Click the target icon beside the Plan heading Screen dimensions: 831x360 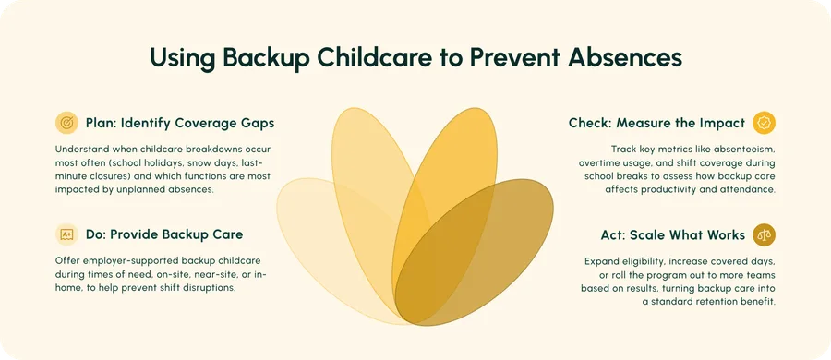pyautogui.click(x=66, y=123)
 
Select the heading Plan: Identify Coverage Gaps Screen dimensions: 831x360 pyautogui.click(x=180, y=123)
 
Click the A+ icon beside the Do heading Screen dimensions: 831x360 pyautogui.click(x=66, y=234)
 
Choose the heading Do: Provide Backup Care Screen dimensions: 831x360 pyautogui.click(x=164, y=234)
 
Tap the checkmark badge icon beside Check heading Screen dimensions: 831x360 pyautogui.click(x=764, y=123)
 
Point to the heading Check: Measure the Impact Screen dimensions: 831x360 pyautogui.click(x=656, y=123)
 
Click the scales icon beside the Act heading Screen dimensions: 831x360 pyautogui.click(x=764, y=234)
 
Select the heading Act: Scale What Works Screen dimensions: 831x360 pyautogui.click(x=672, y=234)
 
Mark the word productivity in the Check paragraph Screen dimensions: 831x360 pyautogui.click(x=668, y=189)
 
